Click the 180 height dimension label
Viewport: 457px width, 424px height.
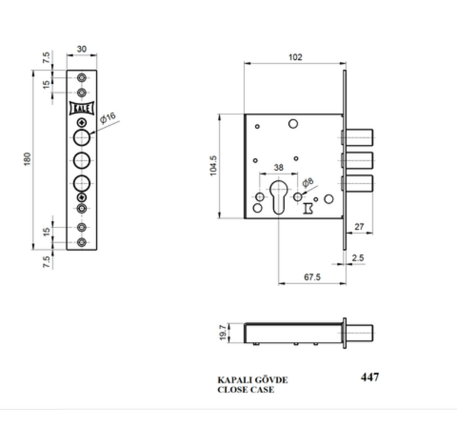point(27,159)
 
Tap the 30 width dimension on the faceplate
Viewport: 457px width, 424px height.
point(81,48)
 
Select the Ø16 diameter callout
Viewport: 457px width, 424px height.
point(108,118)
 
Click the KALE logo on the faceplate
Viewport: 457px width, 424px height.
point(81,108)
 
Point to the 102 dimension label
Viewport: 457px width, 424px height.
point(295,57)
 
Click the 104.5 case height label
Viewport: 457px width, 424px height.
point(213,166)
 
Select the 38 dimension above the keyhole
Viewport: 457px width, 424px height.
point(279,168)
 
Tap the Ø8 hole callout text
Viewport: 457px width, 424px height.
point(308,182)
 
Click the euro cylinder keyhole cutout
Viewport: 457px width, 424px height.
point(279,197)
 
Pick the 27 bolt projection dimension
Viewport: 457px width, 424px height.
point(359,227)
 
